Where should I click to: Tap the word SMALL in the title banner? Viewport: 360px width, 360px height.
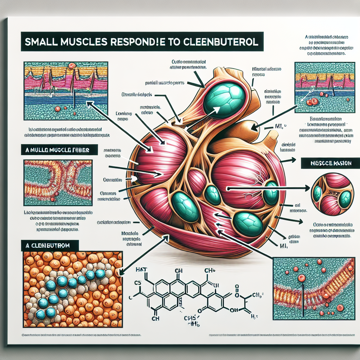(41, 41)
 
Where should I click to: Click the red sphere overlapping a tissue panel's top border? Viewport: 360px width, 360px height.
(72, 65)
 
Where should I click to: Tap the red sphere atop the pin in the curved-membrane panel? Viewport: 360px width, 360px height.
(301, 278)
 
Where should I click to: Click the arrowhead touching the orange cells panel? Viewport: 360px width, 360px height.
(122, 272)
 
